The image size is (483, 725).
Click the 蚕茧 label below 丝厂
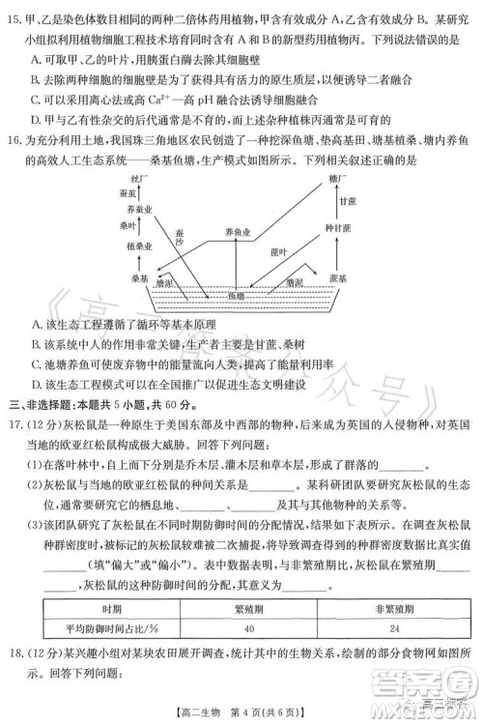point(126,194)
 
